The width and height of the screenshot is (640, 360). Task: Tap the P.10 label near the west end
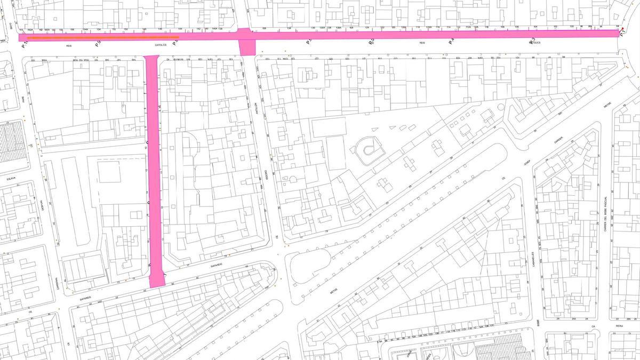[x=24, y=46]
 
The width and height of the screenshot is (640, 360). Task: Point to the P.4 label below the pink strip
[x=451, y=41]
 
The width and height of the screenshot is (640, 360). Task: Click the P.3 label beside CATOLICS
[x=532, y=41]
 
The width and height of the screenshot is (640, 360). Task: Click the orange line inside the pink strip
[x=101, y=38]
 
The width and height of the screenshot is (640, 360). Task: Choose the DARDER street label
[x=558, y=140]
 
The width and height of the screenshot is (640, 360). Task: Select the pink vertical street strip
[x=154, y=171]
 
